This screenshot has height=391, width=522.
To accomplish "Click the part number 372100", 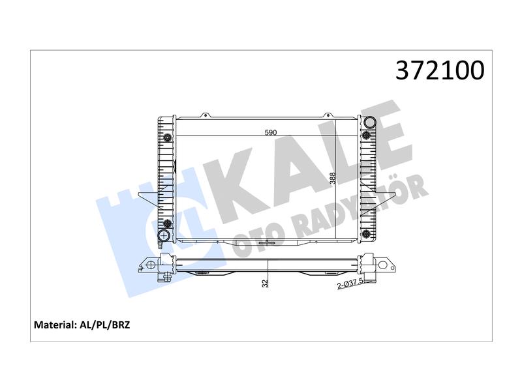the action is click(440, 70).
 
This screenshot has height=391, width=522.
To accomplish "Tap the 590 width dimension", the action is click(271, 133).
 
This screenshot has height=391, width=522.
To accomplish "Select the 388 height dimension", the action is click(332, 179).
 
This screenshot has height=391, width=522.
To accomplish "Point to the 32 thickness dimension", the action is click(265, 283).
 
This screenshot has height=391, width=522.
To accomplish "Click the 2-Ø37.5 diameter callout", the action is click(352, 284).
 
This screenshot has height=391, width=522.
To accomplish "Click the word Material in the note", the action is click(55, 325).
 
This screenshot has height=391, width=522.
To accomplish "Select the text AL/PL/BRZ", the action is click(105, 325).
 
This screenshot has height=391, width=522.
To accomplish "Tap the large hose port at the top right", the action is click(370, 123).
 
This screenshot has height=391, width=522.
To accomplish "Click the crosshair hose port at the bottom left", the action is click(164, 236).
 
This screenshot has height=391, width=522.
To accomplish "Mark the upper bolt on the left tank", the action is click(168, 137).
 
